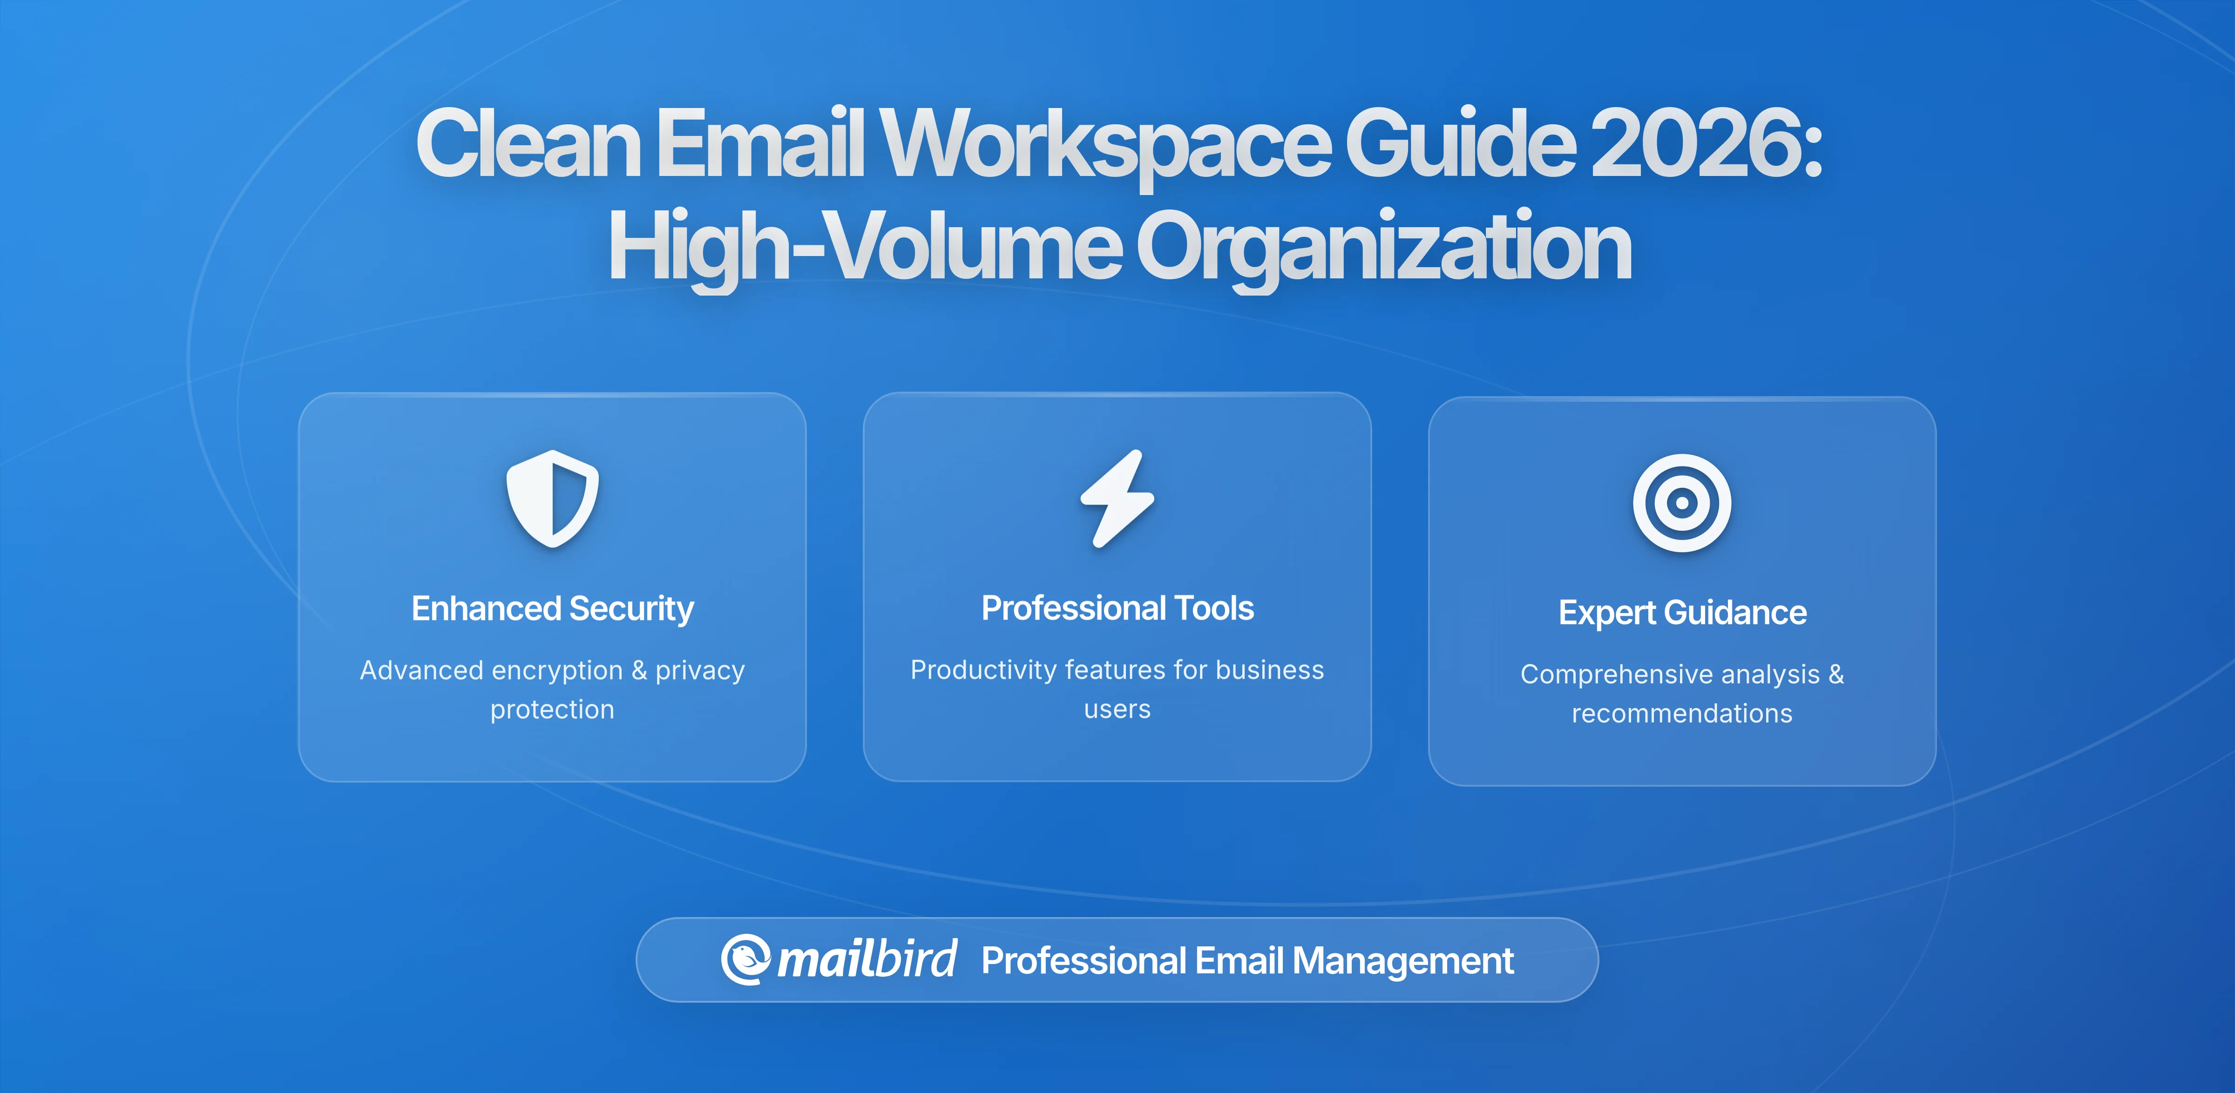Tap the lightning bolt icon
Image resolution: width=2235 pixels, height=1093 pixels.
coord(1117,499)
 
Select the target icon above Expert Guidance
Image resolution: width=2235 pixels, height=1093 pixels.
coord(1681,503)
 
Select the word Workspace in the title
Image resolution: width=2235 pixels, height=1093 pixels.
coord(1106,143)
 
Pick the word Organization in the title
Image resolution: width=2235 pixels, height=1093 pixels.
coord(1384,247)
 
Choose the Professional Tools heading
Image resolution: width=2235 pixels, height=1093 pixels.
coord(1117,608)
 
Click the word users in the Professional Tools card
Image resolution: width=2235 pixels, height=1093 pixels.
coord(1117,709)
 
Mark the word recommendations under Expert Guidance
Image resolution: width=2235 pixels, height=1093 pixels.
coord(1681,713)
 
